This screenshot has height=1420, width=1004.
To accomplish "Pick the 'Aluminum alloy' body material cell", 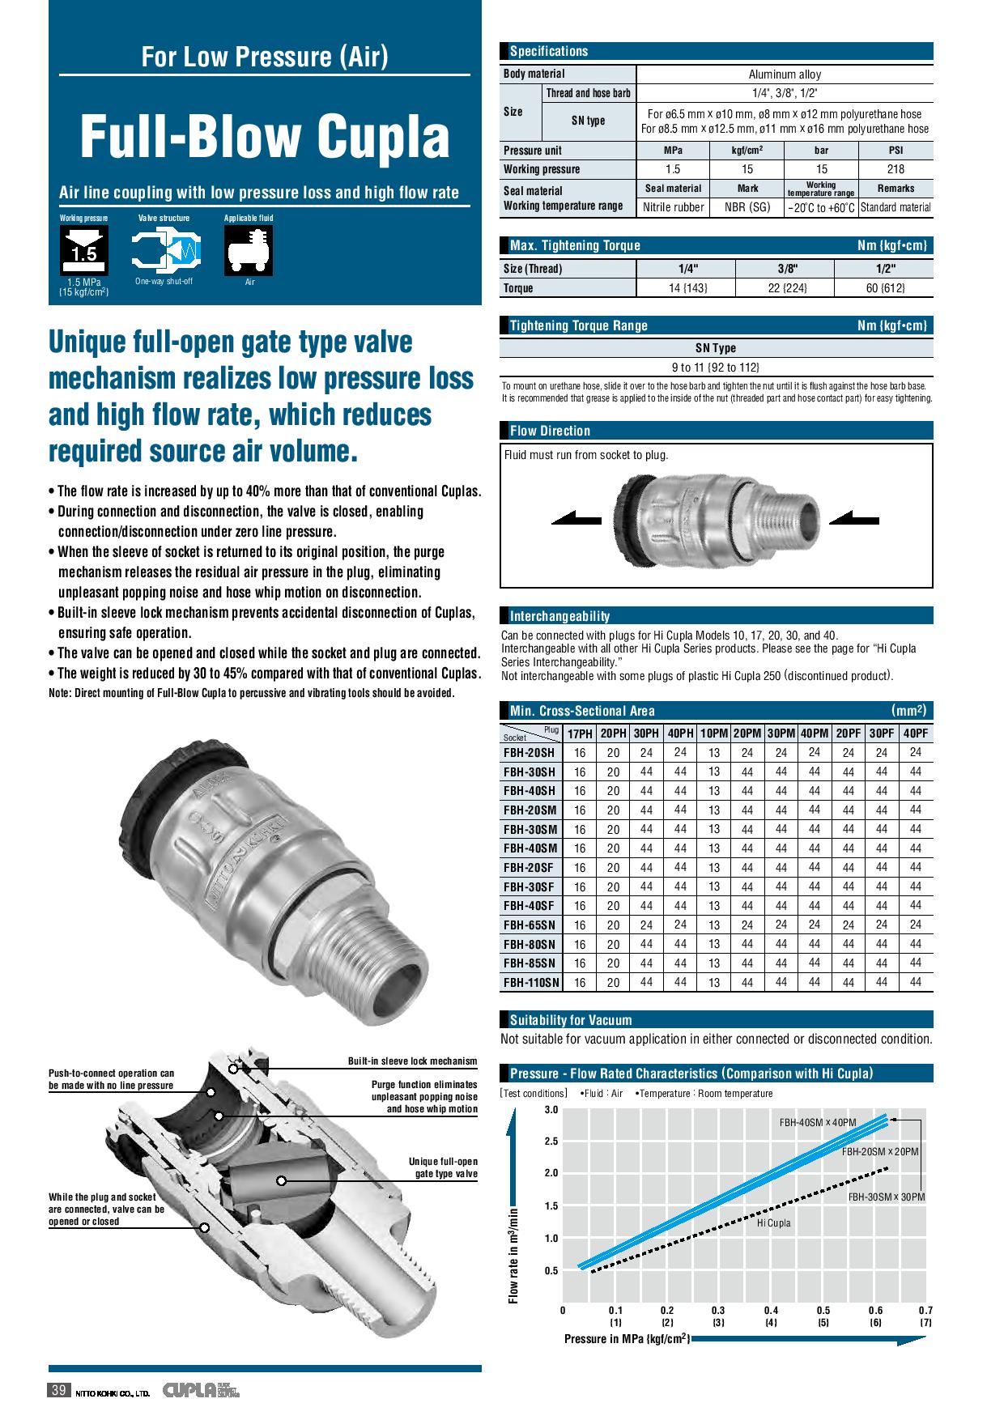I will pyautogui.click(x=785, y=74).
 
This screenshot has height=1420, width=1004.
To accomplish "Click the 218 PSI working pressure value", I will pyautogui.click(x=896, y=169).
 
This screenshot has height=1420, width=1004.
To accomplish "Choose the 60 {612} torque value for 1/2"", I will pyautogui.click(x=884, y=288).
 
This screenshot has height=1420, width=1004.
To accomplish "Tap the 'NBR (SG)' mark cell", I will pyautogui.click(x=747, y=207).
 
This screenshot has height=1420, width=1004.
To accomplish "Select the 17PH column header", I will pyautogui.click(x=580, y=734).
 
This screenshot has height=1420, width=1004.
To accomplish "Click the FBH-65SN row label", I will pyautogui.click(x=530, y=925).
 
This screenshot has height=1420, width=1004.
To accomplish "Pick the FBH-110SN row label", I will pyautogui.click(x=531, y=983).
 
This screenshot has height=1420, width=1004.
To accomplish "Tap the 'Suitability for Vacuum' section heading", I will pyautogui.click(x=571, y=1020).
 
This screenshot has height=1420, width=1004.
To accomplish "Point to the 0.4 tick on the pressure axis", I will pyautogui.click(x=771, y=1311).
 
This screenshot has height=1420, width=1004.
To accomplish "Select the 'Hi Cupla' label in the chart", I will pyautogui.click(x=773, y=1223).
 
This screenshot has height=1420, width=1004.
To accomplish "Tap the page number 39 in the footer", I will pyautogui.click(x=58, y=1391).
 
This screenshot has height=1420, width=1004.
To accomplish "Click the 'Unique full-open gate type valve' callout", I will pyautogui.click(x=443, y=1168).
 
